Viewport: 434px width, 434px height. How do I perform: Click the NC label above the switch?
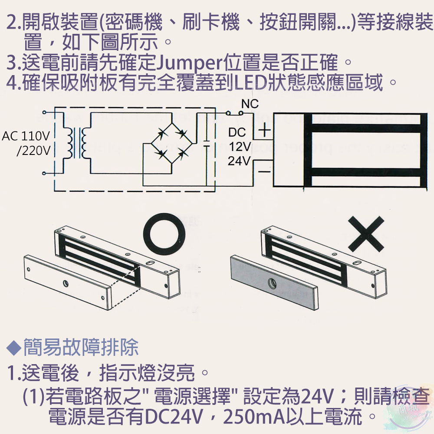tap(250, 104)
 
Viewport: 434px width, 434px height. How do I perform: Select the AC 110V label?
tap(26, 137)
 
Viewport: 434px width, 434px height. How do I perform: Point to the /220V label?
tap(33, 151)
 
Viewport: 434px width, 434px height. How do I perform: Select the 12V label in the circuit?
tap(239, 147)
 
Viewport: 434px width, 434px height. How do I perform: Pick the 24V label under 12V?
tap(239, 161)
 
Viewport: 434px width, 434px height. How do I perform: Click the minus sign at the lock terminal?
tap(264, 172)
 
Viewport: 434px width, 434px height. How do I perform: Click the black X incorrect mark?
tap(366, 234)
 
